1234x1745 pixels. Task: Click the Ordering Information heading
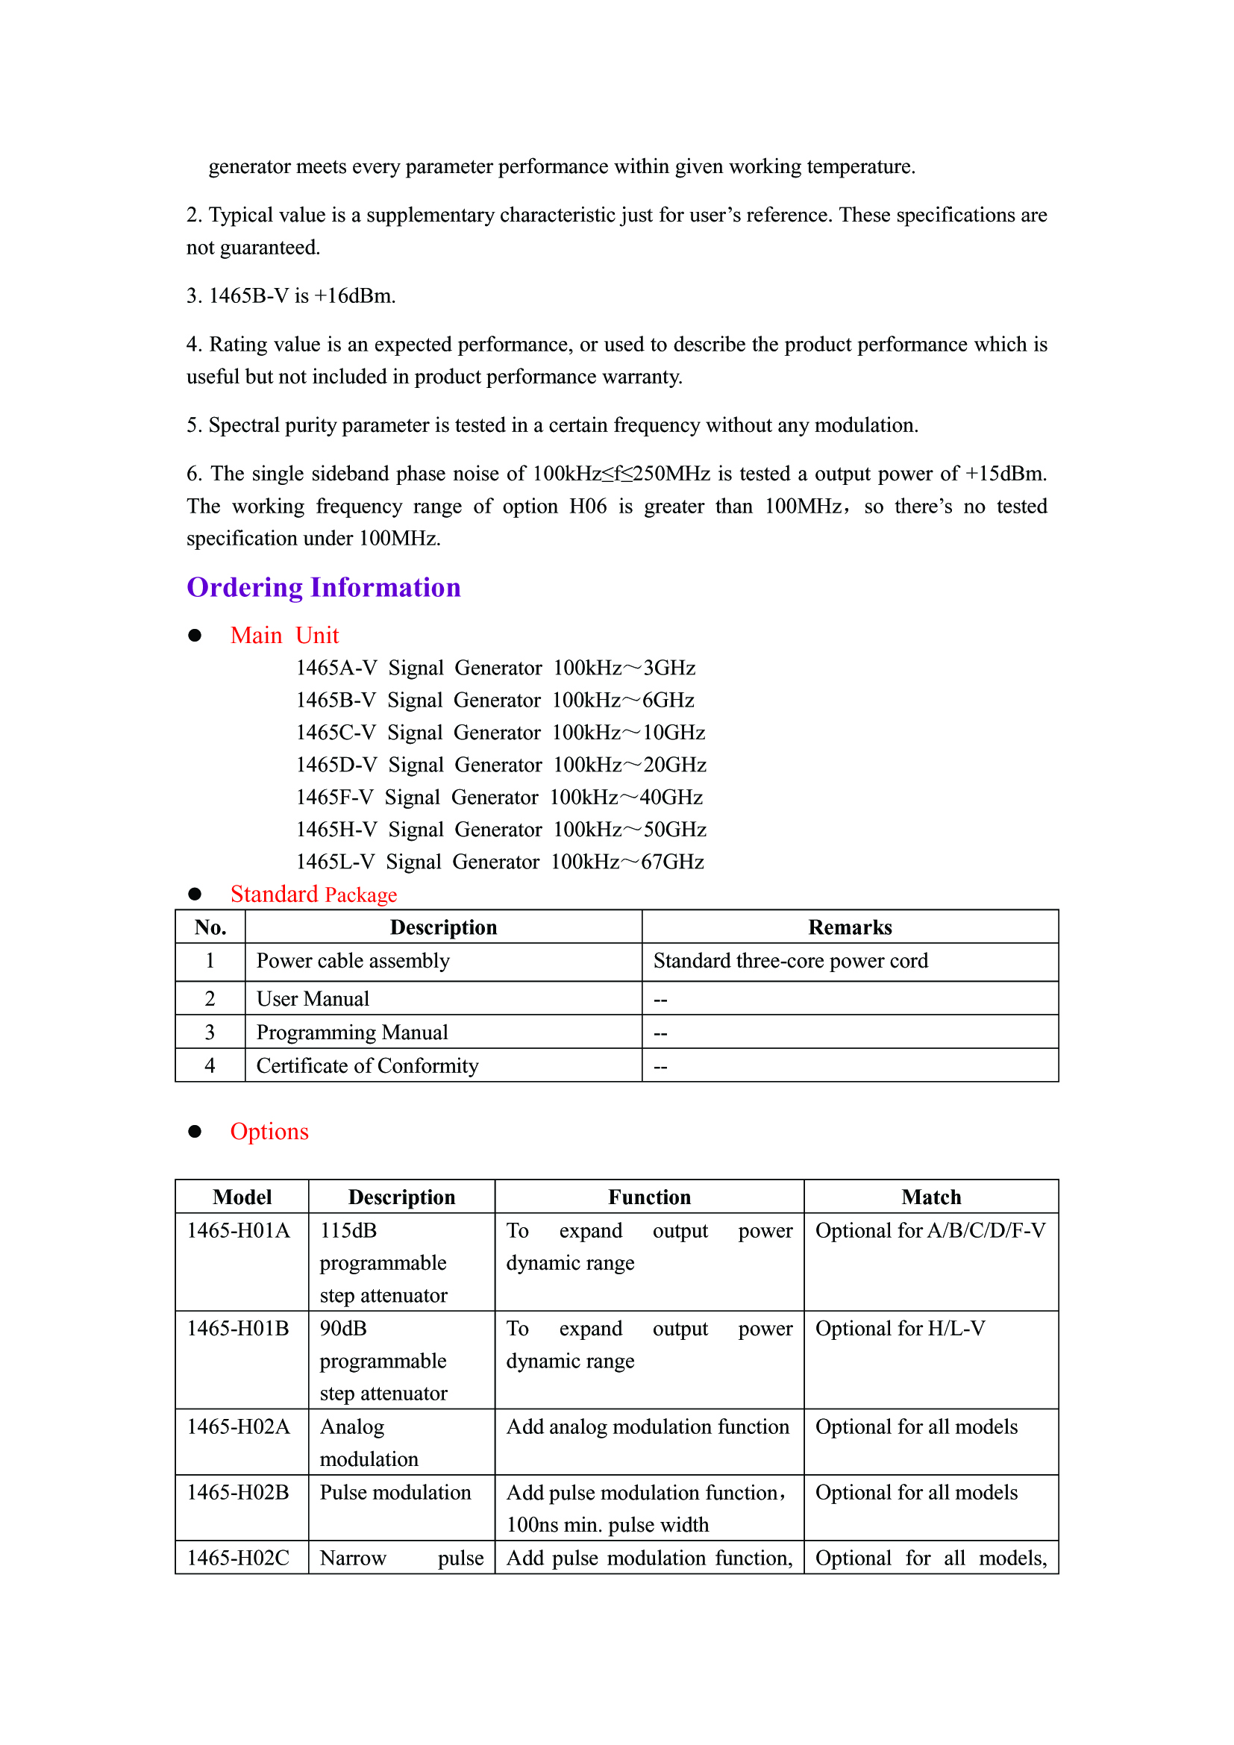(x=324, y=587)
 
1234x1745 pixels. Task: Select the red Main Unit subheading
(x=284, y=636)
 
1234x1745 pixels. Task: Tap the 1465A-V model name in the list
(x=336, y=668)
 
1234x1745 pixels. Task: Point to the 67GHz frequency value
(x=672, y=862)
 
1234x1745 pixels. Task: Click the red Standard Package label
(x=313, y=895)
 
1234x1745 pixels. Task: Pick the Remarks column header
(x=850, y=927)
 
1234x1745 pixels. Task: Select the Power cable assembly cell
(x=354, y=962)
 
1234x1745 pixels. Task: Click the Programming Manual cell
(x=352, y=1033)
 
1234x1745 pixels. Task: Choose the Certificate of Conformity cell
(x=367, y=1066)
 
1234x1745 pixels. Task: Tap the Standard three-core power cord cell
(x=790, y=962)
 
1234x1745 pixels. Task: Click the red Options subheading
(x=269, y=1132)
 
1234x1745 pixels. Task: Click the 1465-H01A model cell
(x=239, y=1231)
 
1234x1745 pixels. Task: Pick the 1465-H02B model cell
(x=238, y=1493)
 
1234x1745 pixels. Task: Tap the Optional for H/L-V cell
(x=900, y=1329)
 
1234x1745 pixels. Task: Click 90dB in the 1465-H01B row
(x=343, y=1329)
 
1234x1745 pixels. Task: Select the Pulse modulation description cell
(x=395, y=1493)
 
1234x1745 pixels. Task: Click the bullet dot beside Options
(x=195, y=1132)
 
